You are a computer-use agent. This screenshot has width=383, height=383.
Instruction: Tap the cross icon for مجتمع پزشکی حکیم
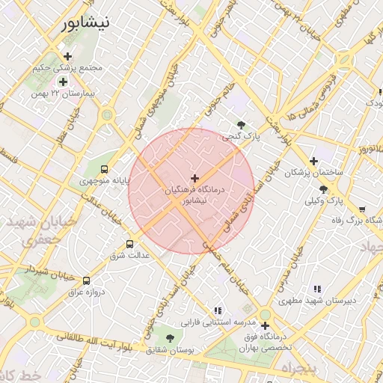68,56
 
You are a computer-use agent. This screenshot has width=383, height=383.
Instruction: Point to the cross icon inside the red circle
195,178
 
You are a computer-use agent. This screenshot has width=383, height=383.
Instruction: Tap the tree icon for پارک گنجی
240,125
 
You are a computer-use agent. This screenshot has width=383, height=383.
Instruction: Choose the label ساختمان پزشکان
313,173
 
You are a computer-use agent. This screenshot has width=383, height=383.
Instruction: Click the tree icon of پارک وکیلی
323,190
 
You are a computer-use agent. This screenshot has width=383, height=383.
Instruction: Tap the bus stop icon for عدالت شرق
130,244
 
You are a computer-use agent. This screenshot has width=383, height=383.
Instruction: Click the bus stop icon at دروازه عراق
87,280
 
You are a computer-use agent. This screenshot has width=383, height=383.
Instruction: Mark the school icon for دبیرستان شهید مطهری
317,289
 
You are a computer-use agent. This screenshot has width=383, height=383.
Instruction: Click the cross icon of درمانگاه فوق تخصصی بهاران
266,325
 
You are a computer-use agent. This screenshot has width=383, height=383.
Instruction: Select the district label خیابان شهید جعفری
31,231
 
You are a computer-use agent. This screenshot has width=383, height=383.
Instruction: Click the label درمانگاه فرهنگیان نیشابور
197,197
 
